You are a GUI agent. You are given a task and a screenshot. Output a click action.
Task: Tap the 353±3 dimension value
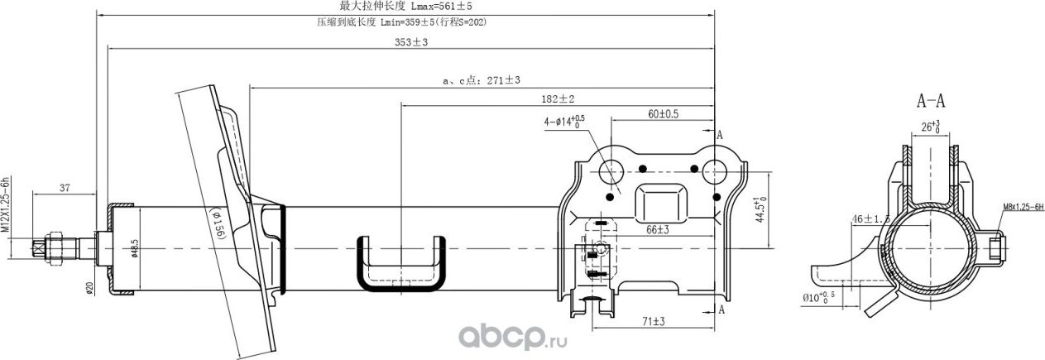[x=411, y=43]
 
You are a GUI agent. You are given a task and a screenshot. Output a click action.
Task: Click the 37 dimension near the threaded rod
[x=64, y=188]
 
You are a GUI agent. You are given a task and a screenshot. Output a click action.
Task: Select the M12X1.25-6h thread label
[x=5, y=204]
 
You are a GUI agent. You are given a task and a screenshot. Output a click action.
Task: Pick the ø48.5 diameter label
[x=134, y=248]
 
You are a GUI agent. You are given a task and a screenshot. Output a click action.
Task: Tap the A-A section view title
[x=931, y=102]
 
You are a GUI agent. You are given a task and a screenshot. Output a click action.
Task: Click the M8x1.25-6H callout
[x=1023, y=206]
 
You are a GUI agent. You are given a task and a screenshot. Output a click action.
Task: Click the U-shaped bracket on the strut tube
[x=400, y=264]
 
